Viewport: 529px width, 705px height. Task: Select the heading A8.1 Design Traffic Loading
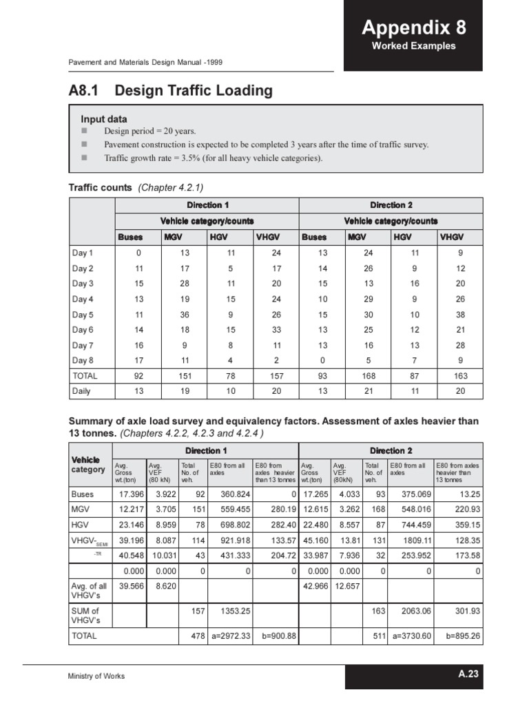click(x=170, y=91)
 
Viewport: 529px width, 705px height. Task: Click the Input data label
click(x=104, y=119)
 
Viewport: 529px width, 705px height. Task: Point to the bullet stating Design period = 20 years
click(x=149, y=131)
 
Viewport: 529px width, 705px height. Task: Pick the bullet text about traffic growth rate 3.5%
click(x=213, y=158)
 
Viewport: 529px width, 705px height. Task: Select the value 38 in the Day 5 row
click(x=460, y=315)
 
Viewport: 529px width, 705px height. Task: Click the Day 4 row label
click(x=83, y=299)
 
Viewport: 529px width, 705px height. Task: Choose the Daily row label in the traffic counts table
click(x=81, y=390)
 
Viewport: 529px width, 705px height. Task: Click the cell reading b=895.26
click(x=461, y=636)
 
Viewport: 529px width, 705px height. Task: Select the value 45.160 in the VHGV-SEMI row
click(x=315, y=540)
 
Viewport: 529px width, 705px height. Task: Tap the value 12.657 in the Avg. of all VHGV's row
click(x=346, y=586)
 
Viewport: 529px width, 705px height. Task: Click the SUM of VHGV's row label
click(x=86, y=615)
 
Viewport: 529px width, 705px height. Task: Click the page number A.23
click(x=468, y=675)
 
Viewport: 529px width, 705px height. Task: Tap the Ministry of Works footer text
click(x=96, y=677)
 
